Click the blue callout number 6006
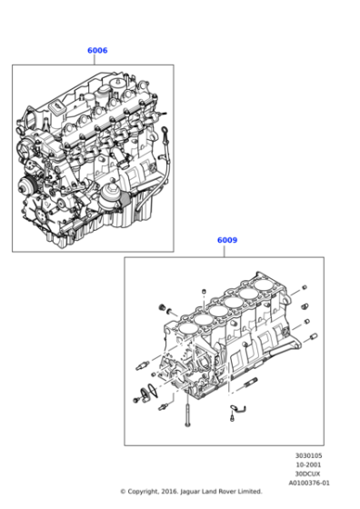click(97, 51)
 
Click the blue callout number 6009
click(227, 241)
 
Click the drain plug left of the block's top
click(164, 309)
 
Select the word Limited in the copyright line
click(248, 492)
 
